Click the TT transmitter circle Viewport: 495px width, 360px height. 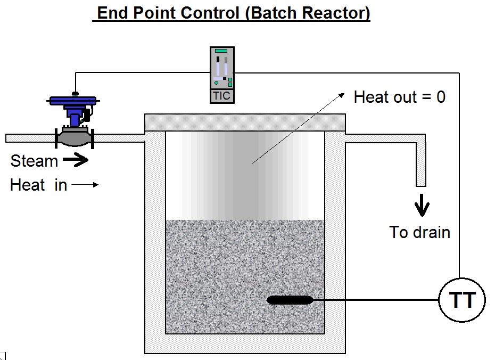pyautogui.click(x=462, y=300)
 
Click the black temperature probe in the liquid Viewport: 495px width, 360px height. pyautogui.click(x=290, y=300)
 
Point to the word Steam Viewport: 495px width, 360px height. pyautogui.click(x=34, y=161)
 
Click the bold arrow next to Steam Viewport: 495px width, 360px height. pyautogui.click(x=75, y=160)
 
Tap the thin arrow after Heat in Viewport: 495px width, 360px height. pyautogui.click(x=85, y=185)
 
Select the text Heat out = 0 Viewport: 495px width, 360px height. pyautogui.click(x=399, y=97)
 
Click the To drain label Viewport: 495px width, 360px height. pyautogui.click(x=420, y=232)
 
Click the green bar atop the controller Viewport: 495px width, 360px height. pyautogui.click(x=221, y=51)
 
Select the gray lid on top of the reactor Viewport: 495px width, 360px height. pyautogui.click(x=245, y=122)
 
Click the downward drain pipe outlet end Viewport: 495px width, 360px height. pyautogui.click(x=420, y=182)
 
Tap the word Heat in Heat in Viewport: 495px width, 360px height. pyautogui.click(x=27, y=185)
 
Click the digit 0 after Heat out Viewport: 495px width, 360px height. pyautogui.click(x=440, y=97)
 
